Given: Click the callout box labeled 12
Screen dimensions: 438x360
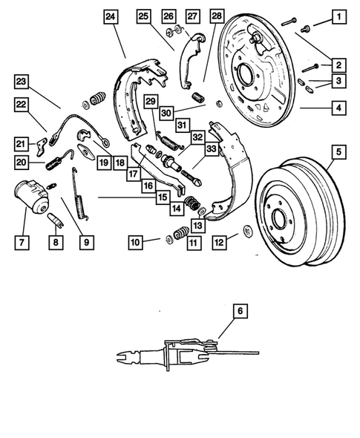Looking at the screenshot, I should tap(217, 241).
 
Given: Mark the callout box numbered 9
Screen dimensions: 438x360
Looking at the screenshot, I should tap(88, 241).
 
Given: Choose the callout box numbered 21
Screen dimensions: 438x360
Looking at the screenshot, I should tap(22, 143).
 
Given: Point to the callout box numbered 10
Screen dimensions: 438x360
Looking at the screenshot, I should tap(134, 241).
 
